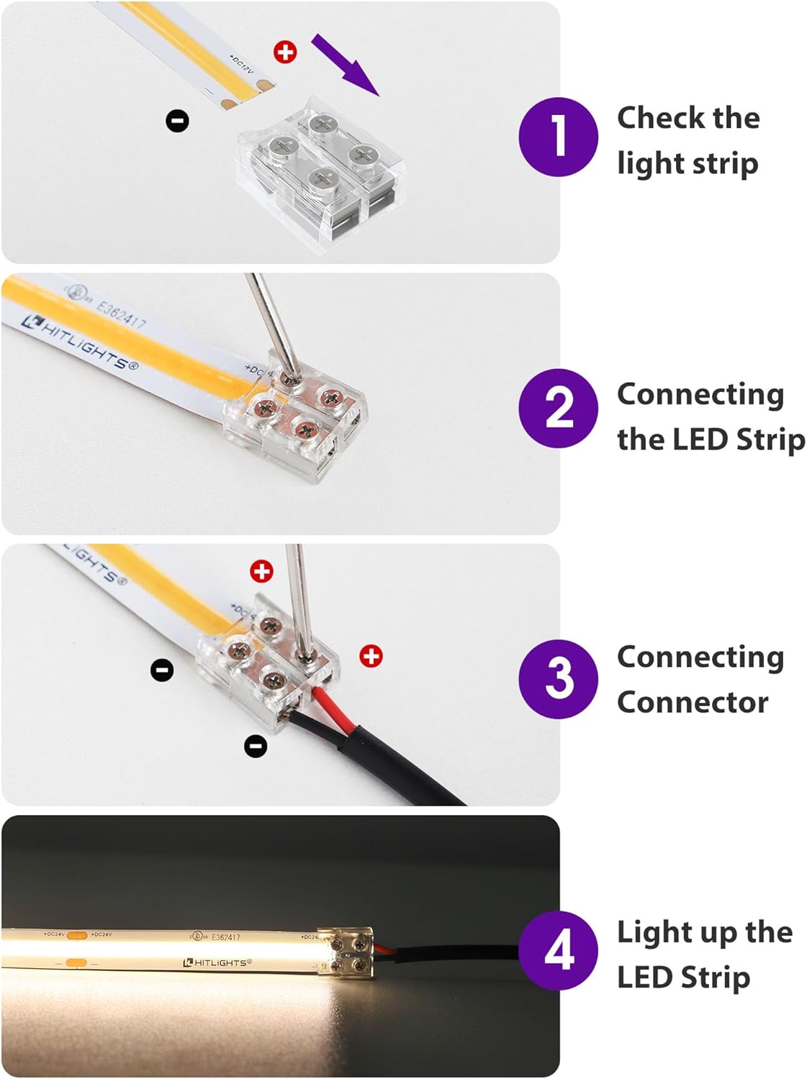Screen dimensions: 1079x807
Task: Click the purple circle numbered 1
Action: click(558, 137)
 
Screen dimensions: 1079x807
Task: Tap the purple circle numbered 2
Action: click(558, 408)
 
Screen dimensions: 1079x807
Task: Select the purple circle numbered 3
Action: click(558, 678)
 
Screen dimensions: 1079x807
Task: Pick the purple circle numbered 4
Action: click(558, 950)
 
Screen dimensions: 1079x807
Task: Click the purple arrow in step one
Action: click(345, 63)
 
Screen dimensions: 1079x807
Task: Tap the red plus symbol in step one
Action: click(285, 52)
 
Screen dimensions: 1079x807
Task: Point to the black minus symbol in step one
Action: click(177, 120)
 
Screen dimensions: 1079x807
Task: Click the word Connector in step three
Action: click(692, 702)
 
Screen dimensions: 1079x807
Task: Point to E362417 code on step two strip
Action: click(120, 314)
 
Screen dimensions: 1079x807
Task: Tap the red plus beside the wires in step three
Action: click(371, 656)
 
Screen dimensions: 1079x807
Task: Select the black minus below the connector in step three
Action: click(256, 745)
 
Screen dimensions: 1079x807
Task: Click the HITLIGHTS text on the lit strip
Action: click(218, 962)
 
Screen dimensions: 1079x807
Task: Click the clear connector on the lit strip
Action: click(348, 952)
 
